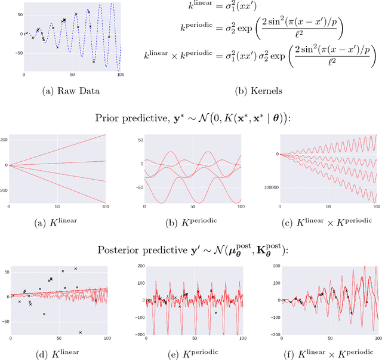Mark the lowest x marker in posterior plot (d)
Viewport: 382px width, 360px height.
point(81,331)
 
